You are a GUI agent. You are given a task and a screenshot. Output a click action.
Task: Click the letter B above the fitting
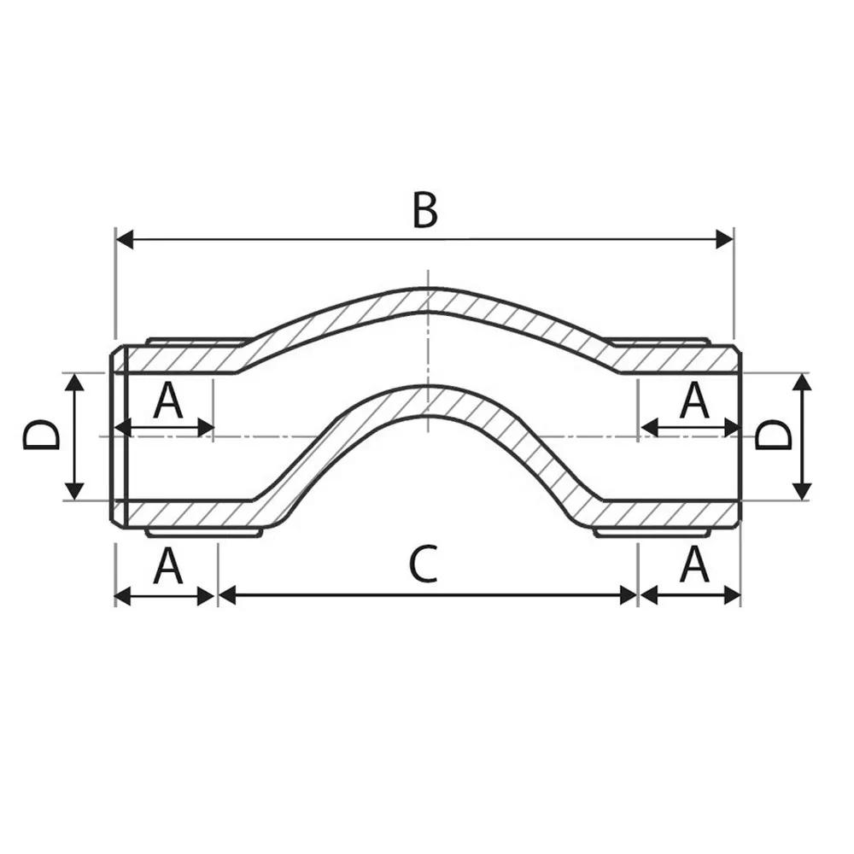coord(424,210)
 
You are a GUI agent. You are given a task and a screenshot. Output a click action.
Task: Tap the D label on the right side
coord(774,434)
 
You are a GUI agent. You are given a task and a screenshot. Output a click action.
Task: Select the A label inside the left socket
coord(167,400)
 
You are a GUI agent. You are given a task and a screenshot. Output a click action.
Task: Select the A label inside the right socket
coord(694,400)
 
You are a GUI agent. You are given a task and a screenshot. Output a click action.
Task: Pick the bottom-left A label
coord(167,565)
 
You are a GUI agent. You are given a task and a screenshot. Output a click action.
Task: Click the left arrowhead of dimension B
coord(125,239)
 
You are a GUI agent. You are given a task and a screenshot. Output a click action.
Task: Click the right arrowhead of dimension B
coord(724,239)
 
